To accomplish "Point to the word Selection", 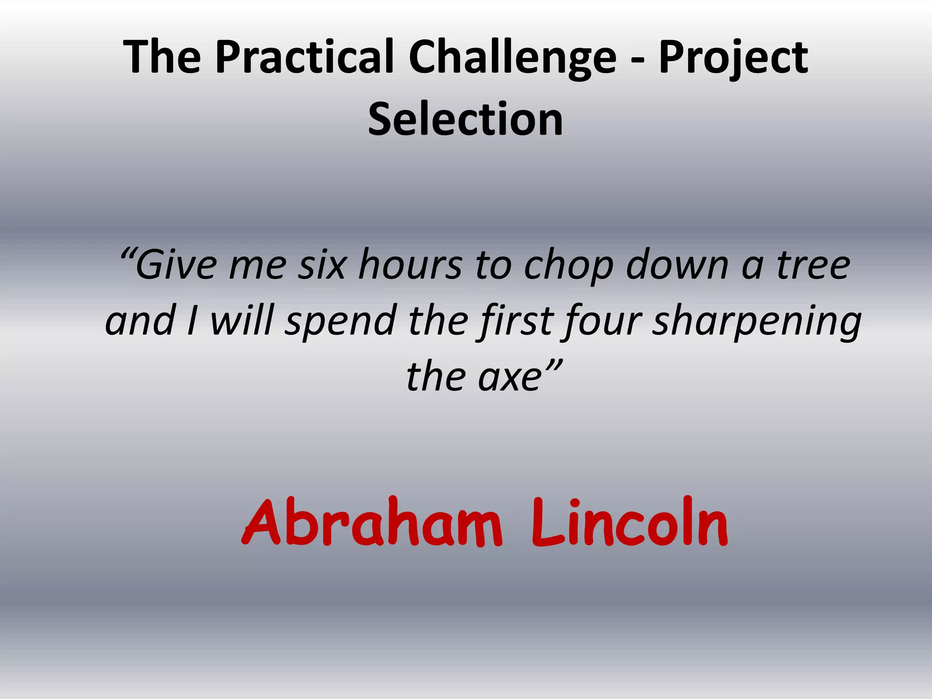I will point(466,119).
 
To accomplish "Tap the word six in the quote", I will point(322,266).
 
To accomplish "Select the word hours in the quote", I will point(410,266).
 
